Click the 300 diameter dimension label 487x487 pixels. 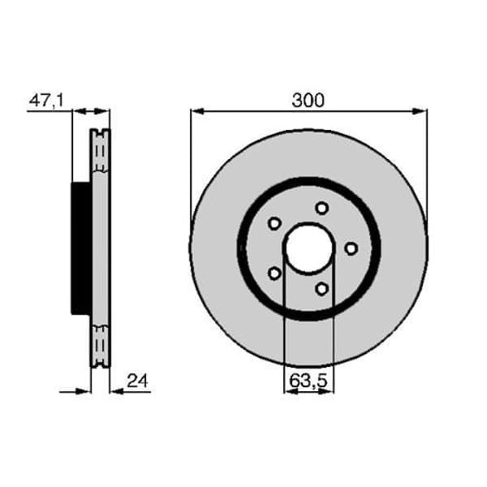tap(308, 100)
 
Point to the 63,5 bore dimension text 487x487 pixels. tap(309, 378)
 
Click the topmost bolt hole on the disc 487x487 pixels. tap(321, 208)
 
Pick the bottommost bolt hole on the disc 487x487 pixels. tap(321, 288)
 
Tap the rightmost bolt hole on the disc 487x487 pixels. tap(351, 248)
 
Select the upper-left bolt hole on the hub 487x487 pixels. tap(274, 223)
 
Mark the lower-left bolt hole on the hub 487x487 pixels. tap(274, 273)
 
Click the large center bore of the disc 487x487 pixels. tap(308, 248)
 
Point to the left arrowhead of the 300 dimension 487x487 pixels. tap(196, 111)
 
